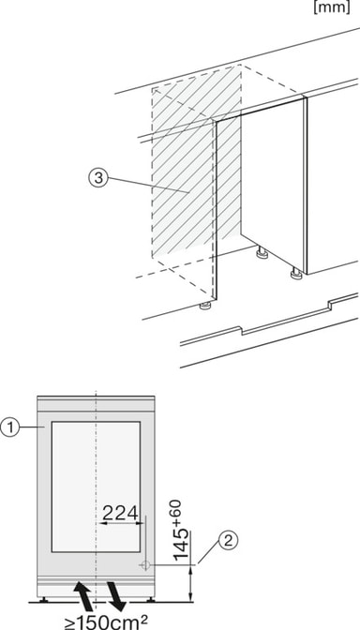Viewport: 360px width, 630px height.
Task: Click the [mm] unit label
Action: click(x=331, y=7)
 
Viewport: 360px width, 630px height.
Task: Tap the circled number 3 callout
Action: click(x=98, y=179)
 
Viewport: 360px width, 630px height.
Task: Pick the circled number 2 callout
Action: click(x=228, y=541)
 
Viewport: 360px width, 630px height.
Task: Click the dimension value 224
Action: click(x=121, y=513)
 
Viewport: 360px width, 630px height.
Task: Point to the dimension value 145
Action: click(x=181, y=544)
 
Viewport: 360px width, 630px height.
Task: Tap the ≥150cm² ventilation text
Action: click(x=105, y=622)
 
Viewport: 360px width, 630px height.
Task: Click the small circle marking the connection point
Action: click(x=145, y=565)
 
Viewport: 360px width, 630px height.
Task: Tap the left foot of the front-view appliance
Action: click(x=42, y=599)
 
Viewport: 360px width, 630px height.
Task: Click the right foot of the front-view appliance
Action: click(x=150, y=599)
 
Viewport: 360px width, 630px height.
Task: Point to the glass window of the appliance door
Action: click(x=96, y=487)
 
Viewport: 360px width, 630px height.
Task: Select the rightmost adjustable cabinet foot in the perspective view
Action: click(x=296, y=275)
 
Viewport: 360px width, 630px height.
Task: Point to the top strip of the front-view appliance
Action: click(x=96, y=404)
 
